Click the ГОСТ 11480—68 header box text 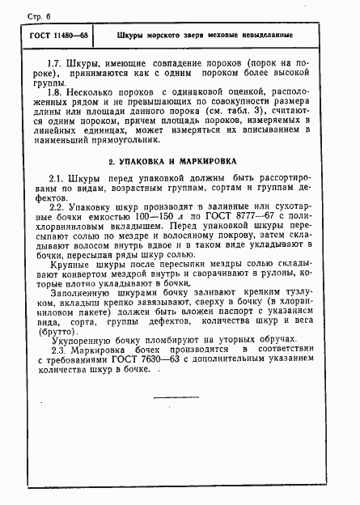(x=60, y=36)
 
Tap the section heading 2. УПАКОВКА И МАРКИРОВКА (x=181, y=162)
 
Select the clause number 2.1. (x=56, y=178)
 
